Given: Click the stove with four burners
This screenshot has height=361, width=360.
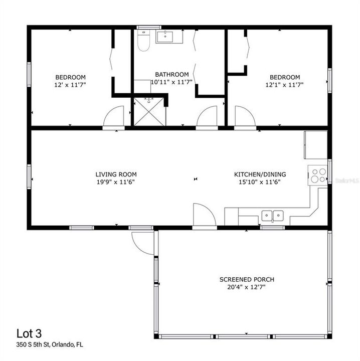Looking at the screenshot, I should coord(318,175).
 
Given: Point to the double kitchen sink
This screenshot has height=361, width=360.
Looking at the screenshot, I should coord(272,216).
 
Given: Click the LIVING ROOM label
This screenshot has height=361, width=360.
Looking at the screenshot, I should coord(116,174).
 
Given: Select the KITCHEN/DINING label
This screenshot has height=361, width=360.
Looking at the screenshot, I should coord(260,174).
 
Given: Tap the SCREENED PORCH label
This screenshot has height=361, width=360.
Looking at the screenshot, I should coord(247,279).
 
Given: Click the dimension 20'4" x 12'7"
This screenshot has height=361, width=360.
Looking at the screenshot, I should coord(247,287).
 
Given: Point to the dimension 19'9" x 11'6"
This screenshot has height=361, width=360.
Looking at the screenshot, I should coord(116,182).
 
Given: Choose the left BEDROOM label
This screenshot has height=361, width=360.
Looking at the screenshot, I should coord(70,77).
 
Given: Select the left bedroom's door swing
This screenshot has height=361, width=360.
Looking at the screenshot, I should coord(113,117).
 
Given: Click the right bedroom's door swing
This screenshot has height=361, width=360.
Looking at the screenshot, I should coord(244,117).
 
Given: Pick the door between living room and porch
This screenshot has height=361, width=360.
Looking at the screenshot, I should coord(204,216).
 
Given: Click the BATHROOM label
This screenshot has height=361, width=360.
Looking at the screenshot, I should coord(172,75).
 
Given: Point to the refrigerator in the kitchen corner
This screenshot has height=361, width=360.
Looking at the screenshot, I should coord(315,144).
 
